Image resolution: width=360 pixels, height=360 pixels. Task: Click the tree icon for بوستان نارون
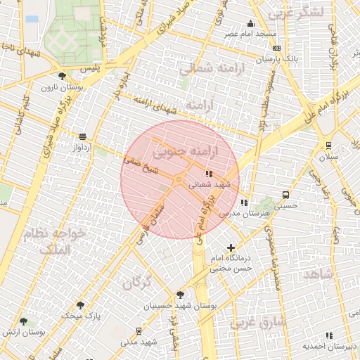click(63, 77)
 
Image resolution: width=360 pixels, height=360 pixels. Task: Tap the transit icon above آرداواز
click(83, 136)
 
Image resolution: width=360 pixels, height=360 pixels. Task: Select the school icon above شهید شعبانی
click(208, 173)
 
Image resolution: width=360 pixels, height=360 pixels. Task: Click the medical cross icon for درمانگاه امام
click(231, 247)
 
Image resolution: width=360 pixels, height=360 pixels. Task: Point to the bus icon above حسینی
click(285, 195)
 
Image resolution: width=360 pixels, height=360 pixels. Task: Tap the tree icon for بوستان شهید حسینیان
click(181, 295)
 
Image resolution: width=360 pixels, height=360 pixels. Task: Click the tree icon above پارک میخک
click(81, 305)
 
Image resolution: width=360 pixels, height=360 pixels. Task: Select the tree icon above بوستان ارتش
click(24, 321)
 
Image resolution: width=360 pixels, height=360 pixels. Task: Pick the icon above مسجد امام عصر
click(251, 23)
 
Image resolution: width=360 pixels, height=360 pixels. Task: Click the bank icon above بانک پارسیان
click(276, 48)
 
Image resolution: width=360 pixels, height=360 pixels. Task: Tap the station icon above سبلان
click(328, 146)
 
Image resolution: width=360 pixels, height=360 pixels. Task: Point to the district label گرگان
click(137, 283)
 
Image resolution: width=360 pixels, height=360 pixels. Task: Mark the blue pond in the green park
click(32, 19)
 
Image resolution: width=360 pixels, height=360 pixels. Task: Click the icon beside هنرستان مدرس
click(244, 202)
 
